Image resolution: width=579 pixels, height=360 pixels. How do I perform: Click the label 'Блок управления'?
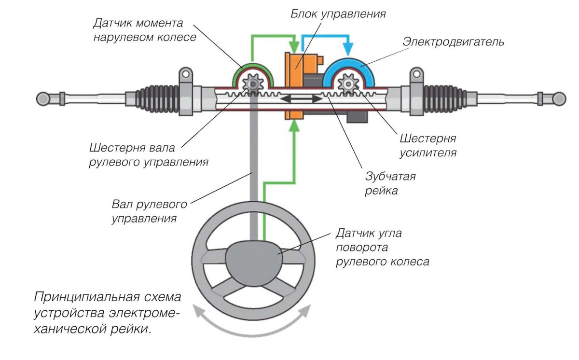point(338,14)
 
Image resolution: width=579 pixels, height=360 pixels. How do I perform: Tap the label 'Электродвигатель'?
point(453,42)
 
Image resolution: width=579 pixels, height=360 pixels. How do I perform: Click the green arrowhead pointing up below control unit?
point(294,127)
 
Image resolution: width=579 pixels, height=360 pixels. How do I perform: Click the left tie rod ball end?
point(42,98)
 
